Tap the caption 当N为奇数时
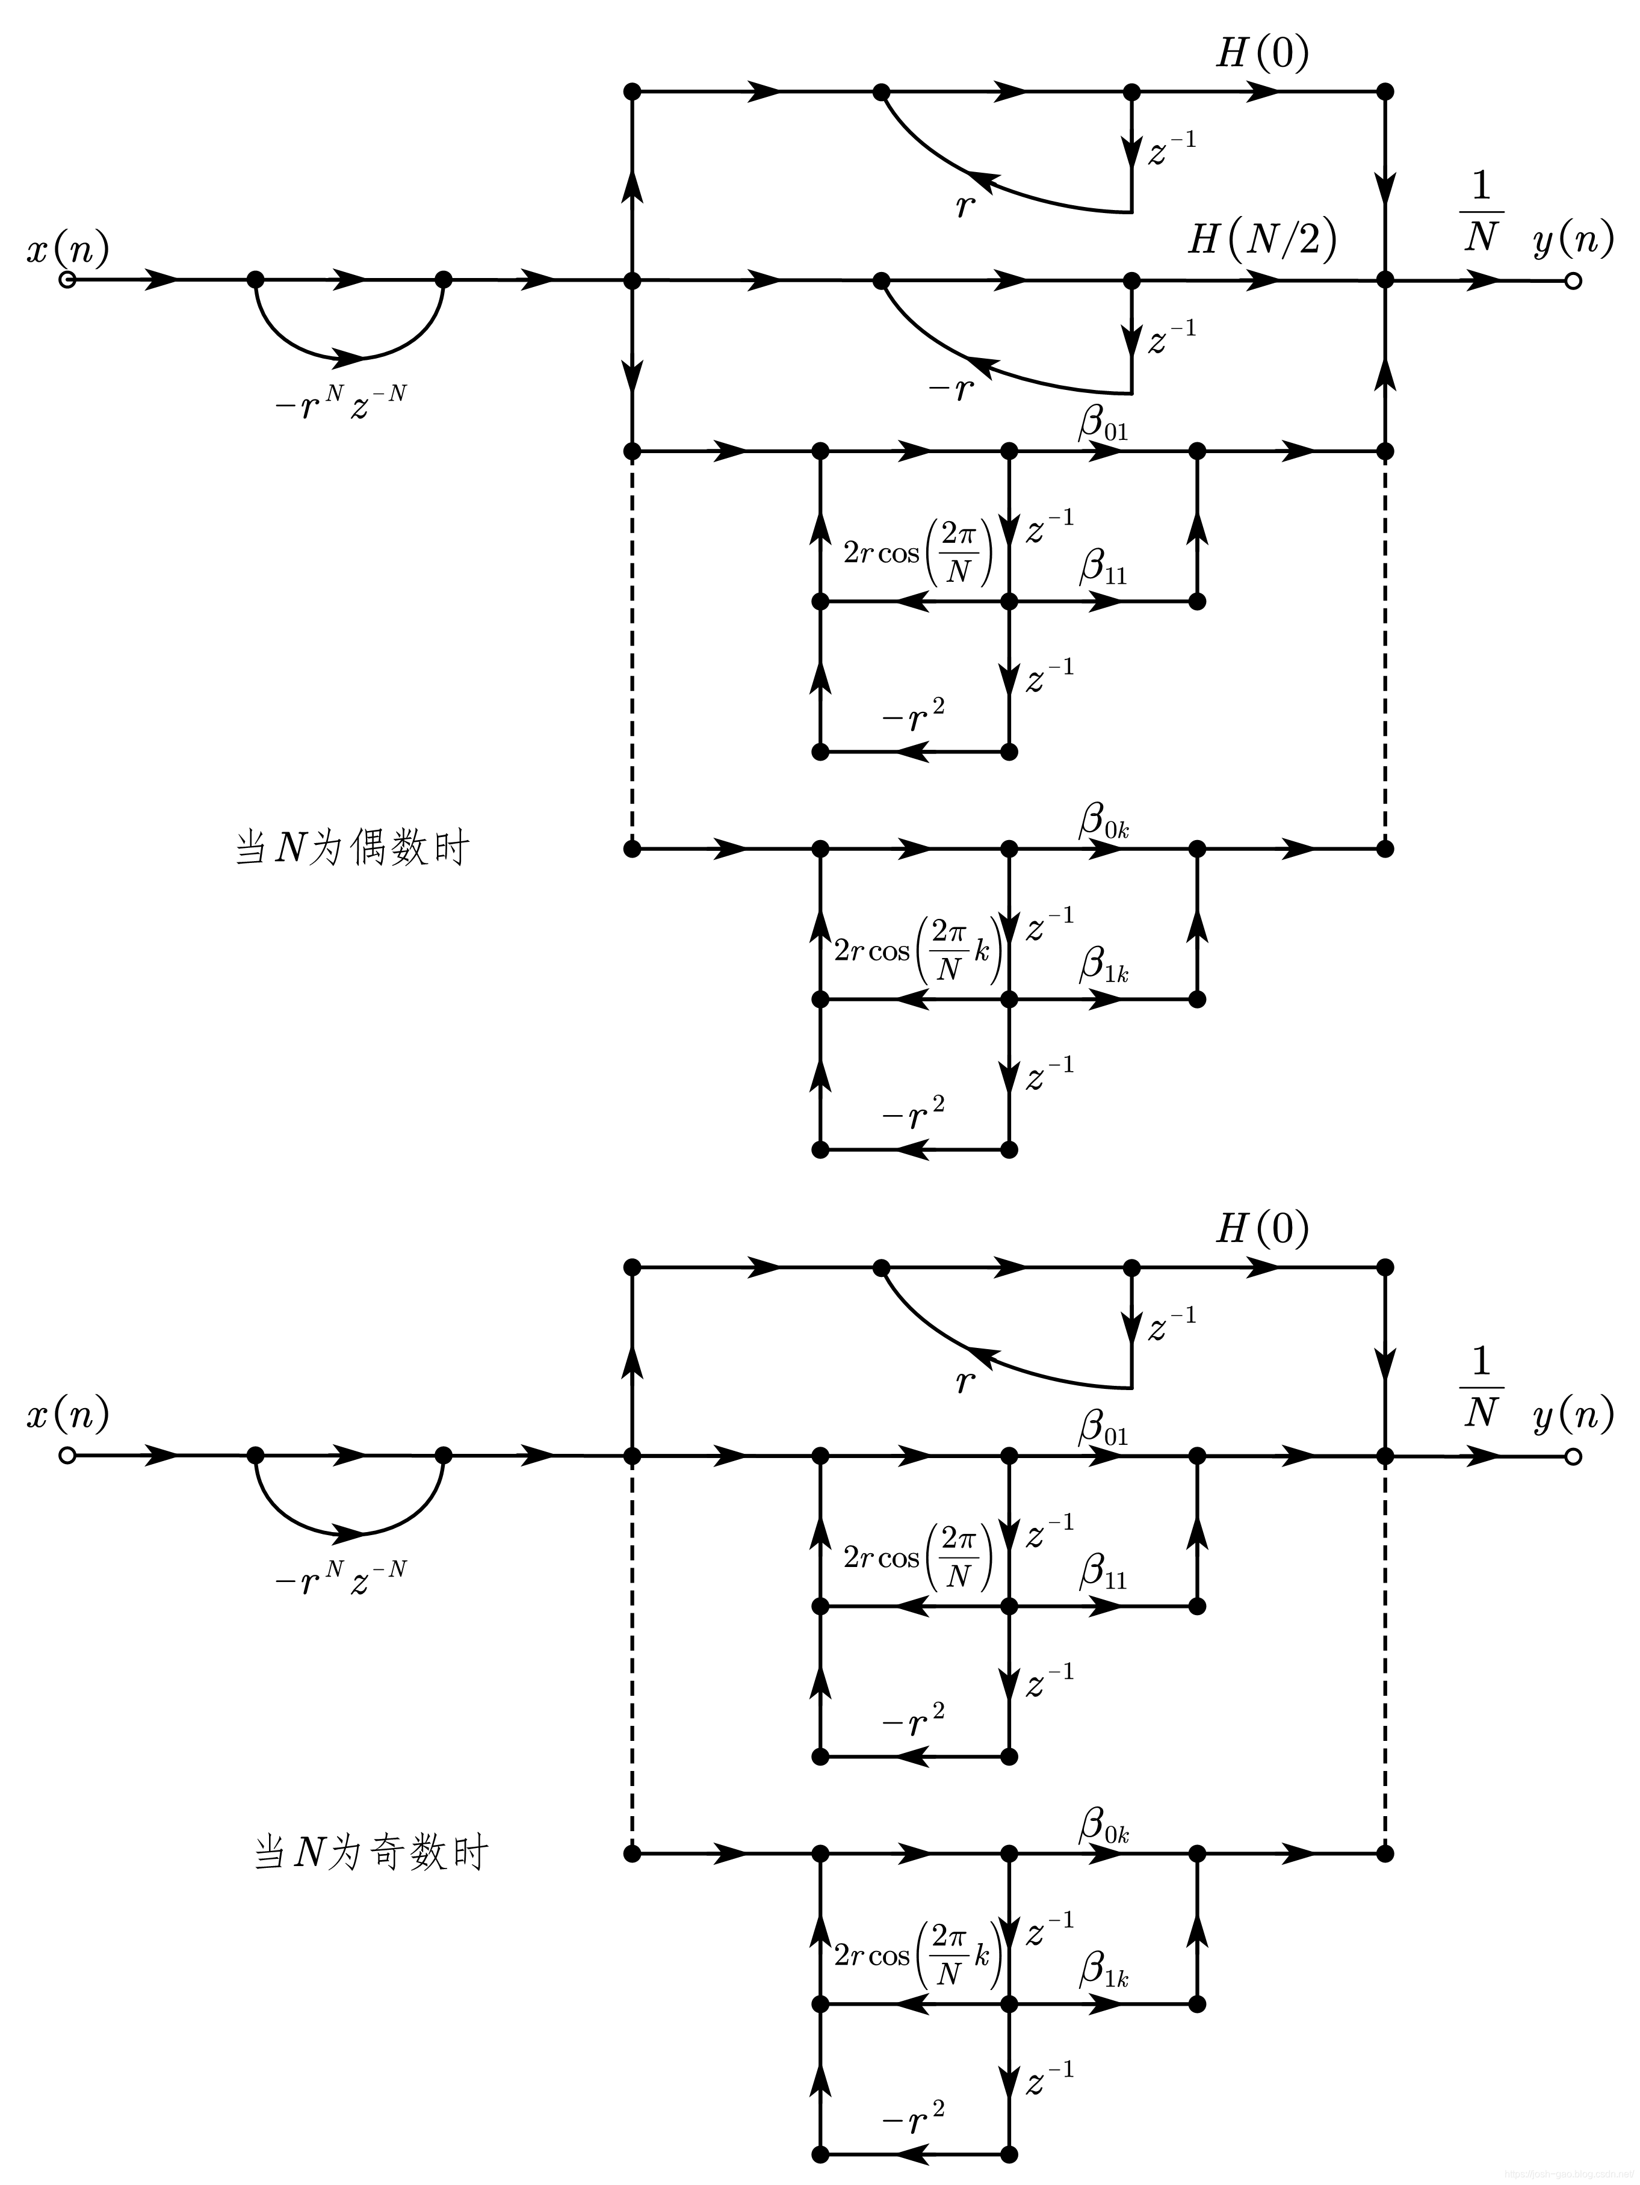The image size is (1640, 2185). coord(371,1853)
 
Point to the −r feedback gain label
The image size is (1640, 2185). coord(950,389)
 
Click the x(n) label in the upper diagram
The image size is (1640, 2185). coord(67,249)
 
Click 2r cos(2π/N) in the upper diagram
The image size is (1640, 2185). coord(917,553)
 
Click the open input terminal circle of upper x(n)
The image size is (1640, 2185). coord(67,280)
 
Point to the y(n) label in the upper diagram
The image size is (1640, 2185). coord(1573,240)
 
